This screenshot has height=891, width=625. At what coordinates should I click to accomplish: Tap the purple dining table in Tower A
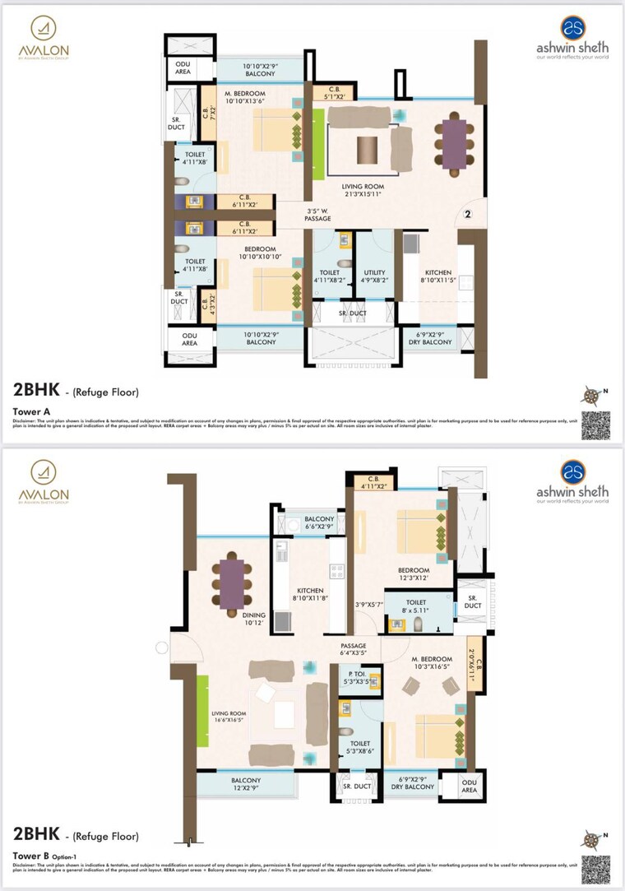point(454,144)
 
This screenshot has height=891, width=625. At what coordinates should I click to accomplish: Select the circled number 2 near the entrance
point(467,215)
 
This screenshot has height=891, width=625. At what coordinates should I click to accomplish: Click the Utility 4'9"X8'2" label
point(374,276)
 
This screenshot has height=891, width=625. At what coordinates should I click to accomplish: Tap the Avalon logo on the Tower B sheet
point(44,480)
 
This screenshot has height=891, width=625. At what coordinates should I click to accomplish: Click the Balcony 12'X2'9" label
point(246,785)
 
